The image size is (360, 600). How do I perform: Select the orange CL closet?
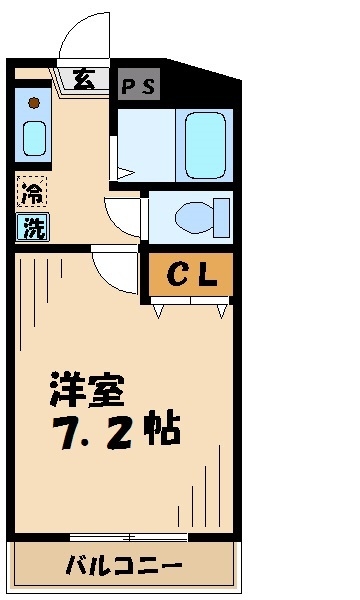pos(191,275)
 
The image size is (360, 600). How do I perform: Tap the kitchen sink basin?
pos(35,137)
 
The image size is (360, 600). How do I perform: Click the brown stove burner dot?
pos(34,102)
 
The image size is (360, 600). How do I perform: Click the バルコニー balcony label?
pos(124,565)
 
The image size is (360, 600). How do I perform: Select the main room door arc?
pos(112,270)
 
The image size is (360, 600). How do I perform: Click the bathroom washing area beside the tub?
pos(145,143)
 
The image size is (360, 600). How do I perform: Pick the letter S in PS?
pos(149,87)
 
